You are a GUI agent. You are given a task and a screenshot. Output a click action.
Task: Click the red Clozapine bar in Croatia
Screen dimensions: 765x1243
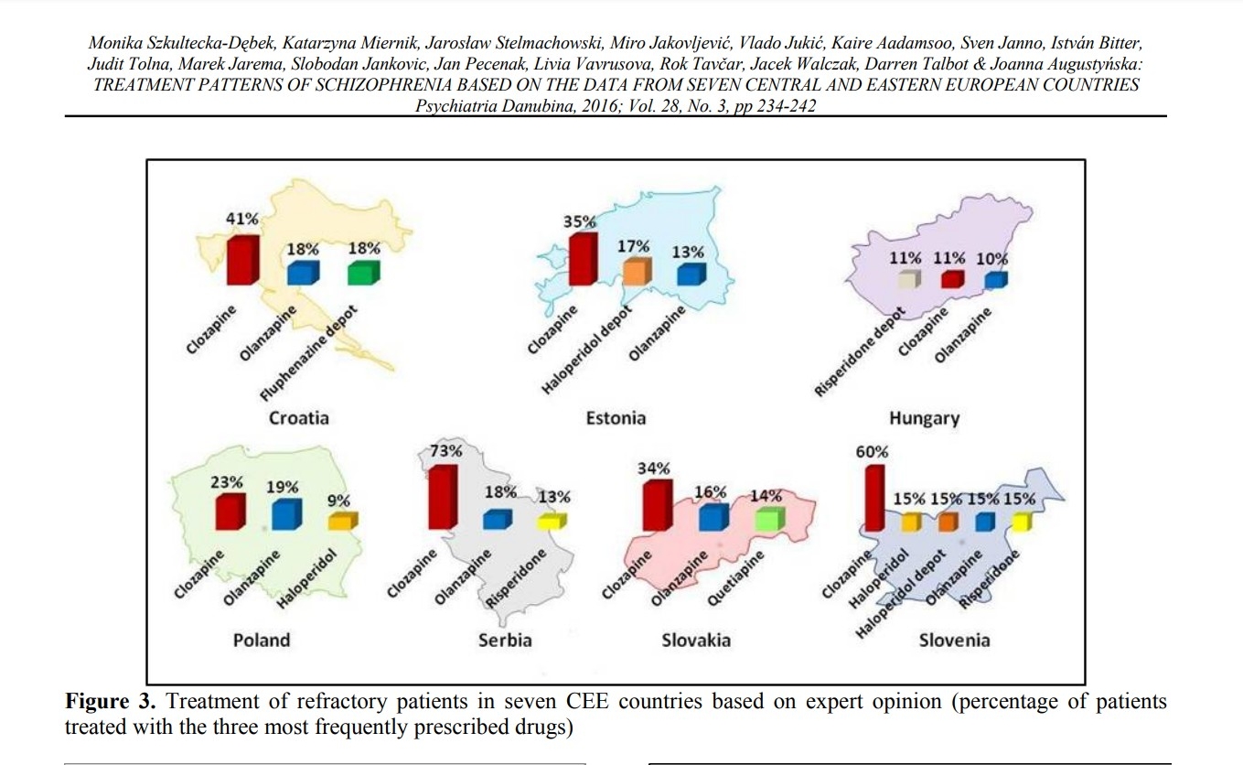(x=242, y=261)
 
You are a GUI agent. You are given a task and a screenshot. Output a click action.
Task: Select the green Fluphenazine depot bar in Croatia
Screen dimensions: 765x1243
(x=363, y=273)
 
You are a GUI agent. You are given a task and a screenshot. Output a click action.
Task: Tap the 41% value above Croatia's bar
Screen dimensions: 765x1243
(x=242, y=220)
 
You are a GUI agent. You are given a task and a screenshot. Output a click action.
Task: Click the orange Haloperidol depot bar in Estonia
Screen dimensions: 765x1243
(x=636, y=272)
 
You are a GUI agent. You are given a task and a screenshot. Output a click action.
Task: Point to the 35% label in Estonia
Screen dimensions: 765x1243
(x=580, y=221)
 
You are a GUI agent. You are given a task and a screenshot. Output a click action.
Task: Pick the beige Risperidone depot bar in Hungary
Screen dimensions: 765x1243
(x=908, y=279)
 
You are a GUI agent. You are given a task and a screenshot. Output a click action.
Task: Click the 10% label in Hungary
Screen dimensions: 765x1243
(x=991, y=259)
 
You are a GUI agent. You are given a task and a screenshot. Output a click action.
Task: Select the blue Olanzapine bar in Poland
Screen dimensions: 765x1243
(x=286, y=515)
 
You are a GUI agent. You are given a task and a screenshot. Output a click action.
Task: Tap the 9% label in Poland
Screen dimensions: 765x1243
(x=339, y=501)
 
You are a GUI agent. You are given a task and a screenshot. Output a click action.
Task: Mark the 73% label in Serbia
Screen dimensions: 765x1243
(x=446, y=451)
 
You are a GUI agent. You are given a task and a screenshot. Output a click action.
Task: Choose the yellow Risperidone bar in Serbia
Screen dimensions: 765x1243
(x=552, y=522)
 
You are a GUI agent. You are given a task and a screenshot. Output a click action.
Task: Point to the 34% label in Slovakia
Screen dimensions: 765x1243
(x=653, y=469)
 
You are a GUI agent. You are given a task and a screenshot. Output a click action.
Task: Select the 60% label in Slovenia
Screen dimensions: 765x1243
(x=872, y=452)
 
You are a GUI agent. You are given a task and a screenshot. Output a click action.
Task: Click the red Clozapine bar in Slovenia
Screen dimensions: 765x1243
(x=873, y=499)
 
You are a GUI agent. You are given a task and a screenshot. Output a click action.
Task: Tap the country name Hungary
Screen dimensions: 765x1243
(x=924, y=418)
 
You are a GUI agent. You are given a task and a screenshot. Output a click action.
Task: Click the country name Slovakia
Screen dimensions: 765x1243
(x=696, y=640)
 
